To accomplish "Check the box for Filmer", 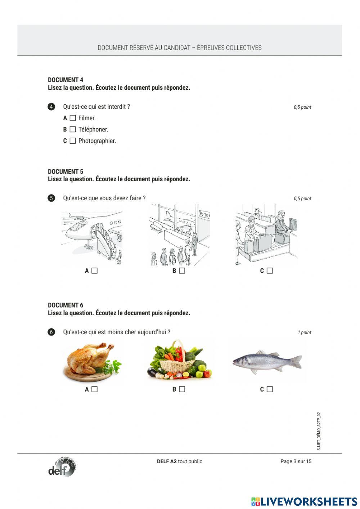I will coord(73,118).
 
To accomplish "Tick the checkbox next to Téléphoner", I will coord(73,129).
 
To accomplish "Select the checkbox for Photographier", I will coord(73,141).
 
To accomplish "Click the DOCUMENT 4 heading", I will coord(66,80).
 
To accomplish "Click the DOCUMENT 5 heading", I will coord(66,171).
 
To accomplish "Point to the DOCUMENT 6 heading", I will coord(66,305).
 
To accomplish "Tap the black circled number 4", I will coord(51,107).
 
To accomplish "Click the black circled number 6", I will coord(51,332).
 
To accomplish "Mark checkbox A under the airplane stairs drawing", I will coord(94,271).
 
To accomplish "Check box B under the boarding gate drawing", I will coord(182,271).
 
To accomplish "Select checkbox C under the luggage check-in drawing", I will coord(270,271).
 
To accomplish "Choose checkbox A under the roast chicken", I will coord(94,389).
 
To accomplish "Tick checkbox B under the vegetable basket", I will coord(182,389).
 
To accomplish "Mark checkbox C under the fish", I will coord(270,389).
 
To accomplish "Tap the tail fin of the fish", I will coord(297,361).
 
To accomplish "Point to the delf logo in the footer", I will coord(62,468).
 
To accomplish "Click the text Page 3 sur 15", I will coord(296,461).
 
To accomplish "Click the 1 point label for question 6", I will coord(304,332).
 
